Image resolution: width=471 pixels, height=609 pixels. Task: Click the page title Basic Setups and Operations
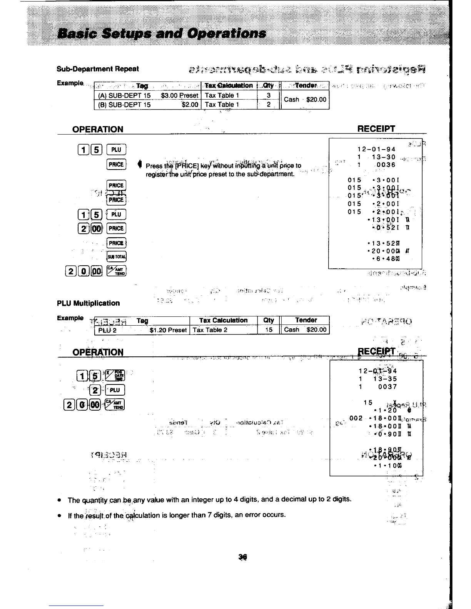161,33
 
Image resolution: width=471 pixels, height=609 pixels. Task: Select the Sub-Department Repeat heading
98,69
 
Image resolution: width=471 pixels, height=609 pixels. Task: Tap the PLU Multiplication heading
88,303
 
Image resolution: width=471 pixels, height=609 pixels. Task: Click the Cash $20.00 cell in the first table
305,100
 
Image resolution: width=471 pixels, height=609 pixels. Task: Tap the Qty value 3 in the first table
269,95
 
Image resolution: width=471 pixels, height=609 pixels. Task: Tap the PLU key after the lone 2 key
115,390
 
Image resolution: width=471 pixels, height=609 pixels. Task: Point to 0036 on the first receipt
386,165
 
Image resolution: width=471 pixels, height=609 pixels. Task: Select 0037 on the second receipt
387,387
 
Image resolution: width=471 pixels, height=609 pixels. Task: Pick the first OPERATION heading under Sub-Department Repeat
98,129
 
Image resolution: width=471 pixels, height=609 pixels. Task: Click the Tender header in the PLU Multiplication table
306,320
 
